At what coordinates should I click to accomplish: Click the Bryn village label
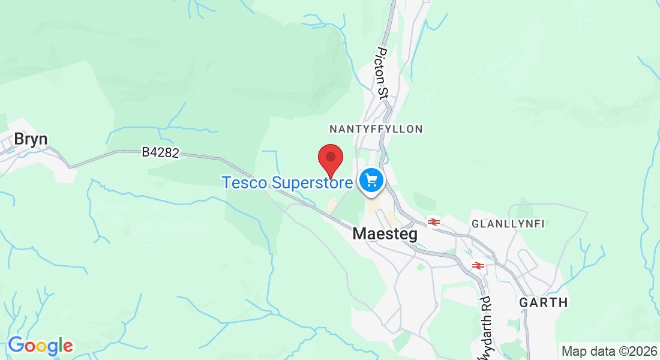(31, 139)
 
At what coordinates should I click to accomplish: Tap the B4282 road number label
(160, 153)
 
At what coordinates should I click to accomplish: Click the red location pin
(330, 158)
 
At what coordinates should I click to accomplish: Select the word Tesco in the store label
(244, 182)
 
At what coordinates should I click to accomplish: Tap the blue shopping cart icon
(371, 179)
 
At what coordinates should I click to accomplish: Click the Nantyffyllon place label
(376, 129)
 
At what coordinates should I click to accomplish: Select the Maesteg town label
(385, 234)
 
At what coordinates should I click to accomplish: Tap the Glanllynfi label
(508, 224)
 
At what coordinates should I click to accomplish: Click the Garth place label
(544, 302)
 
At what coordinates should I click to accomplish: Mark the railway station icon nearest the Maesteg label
(434, 222)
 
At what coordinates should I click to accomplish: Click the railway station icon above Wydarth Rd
(478, 265)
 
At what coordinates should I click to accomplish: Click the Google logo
(40, 346)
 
